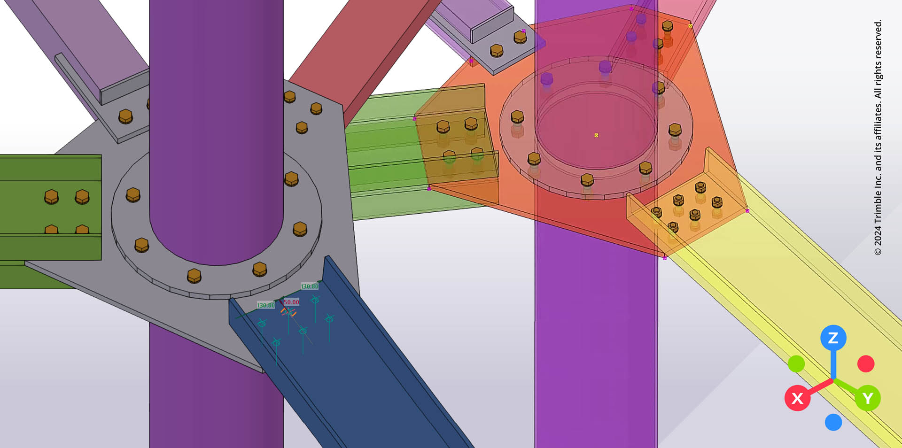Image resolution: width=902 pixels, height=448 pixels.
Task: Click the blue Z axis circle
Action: tap(833, 338)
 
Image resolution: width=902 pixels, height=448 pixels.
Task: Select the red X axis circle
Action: tap(797, 398)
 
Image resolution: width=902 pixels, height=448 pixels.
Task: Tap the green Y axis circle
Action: tap(867, 398)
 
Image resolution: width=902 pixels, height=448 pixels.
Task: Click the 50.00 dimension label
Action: tap(291, 302)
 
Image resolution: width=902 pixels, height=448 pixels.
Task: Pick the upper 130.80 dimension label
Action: tap(310, 286)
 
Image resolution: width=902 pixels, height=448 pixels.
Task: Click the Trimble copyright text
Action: tap(878, 136)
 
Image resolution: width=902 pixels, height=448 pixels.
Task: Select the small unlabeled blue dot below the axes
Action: tap(833, 422)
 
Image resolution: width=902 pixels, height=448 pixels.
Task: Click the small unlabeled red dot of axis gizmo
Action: tap(865, 363)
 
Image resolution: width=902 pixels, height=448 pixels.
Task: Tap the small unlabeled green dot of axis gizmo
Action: tap(796, 363)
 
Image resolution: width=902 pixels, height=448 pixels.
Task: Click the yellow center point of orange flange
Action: tap(596, 135)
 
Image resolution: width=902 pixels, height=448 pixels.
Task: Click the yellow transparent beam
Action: tap(799, 301)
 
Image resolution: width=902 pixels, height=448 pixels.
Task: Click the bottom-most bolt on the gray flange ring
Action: tap(194, 276)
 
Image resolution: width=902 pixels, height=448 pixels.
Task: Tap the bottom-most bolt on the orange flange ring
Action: tap(587, 180)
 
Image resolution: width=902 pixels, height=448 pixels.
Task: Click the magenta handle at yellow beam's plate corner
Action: tap(747, 211)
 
